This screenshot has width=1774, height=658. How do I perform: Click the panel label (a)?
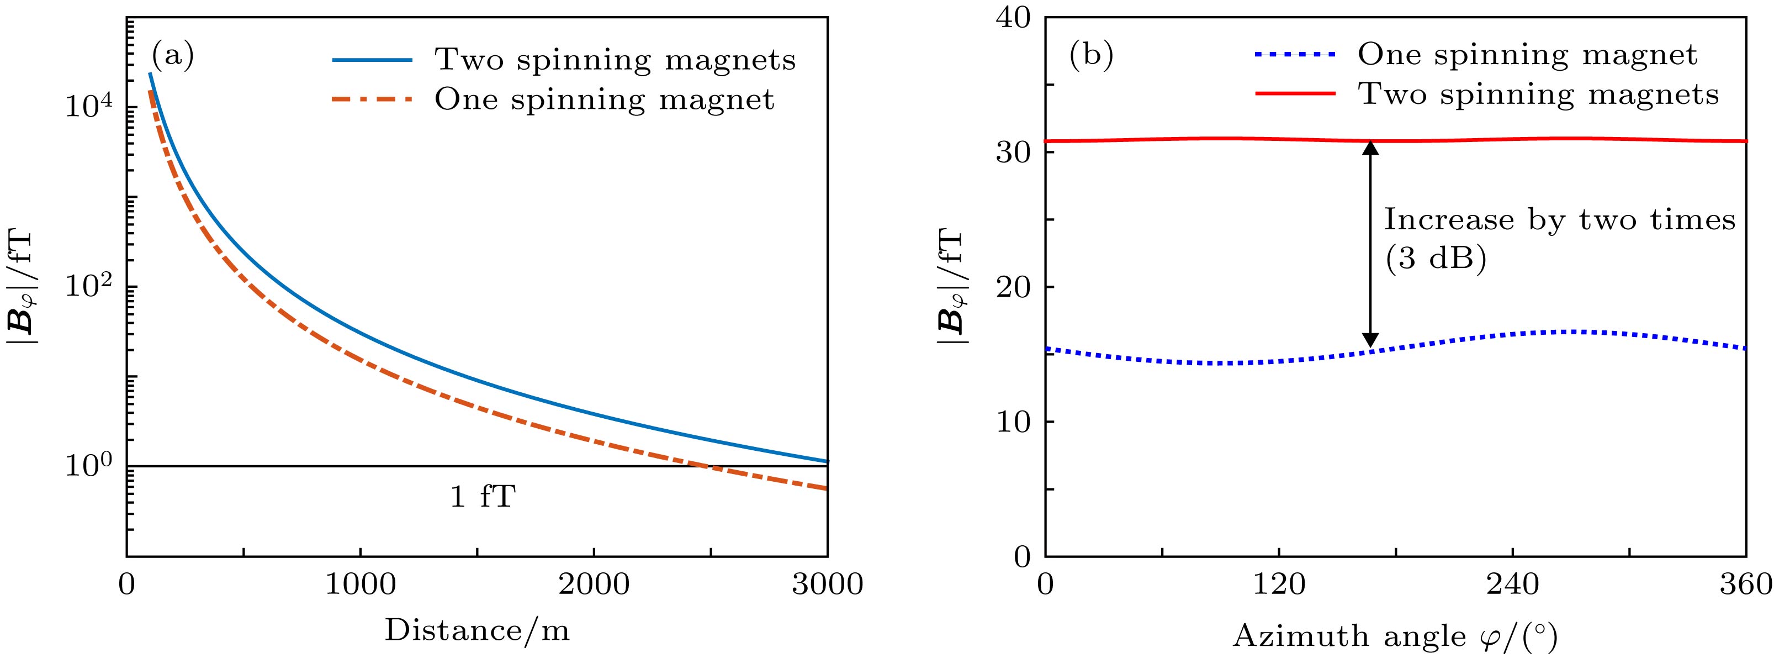(173, 56)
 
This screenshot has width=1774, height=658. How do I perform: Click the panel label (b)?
(1092, 56)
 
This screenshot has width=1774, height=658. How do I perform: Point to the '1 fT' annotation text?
(483, 497)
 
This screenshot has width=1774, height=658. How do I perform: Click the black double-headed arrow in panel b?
(1370, 245)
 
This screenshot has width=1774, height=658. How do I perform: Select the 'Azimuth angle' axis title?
(1395, 636)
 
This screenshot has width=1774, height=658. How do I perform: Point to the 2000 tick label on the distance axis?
(594, 585)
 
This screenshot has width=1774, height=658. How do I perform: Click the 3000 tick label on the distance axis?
(827, 585)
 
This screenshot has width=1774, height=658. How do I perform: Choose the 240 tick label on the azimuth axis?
(1512, 585)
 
